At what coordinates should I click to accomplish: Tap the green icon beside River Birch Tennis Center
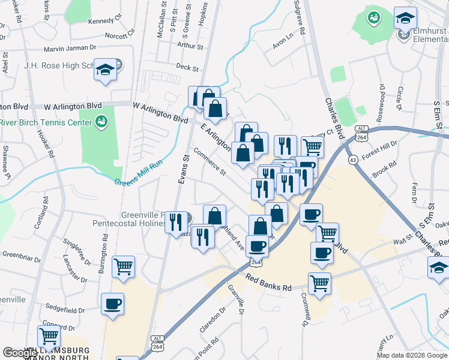(102, 122)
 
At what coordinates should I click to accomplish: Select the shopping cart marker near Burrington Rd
(123, 266)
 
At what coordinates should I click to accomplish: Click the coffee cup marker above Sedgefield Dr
(113, 304)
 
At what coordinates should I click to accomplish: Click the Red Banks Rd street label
(268, 282)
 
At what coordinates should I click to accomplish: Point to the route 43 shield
(353, 160)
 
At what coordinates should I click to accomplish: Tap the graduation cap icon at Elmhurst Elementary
(405, 18)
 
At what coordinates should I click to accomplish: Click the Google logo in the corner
(20, 353)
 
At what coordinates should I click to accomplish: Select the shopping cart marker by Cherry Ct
(312, 146)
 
